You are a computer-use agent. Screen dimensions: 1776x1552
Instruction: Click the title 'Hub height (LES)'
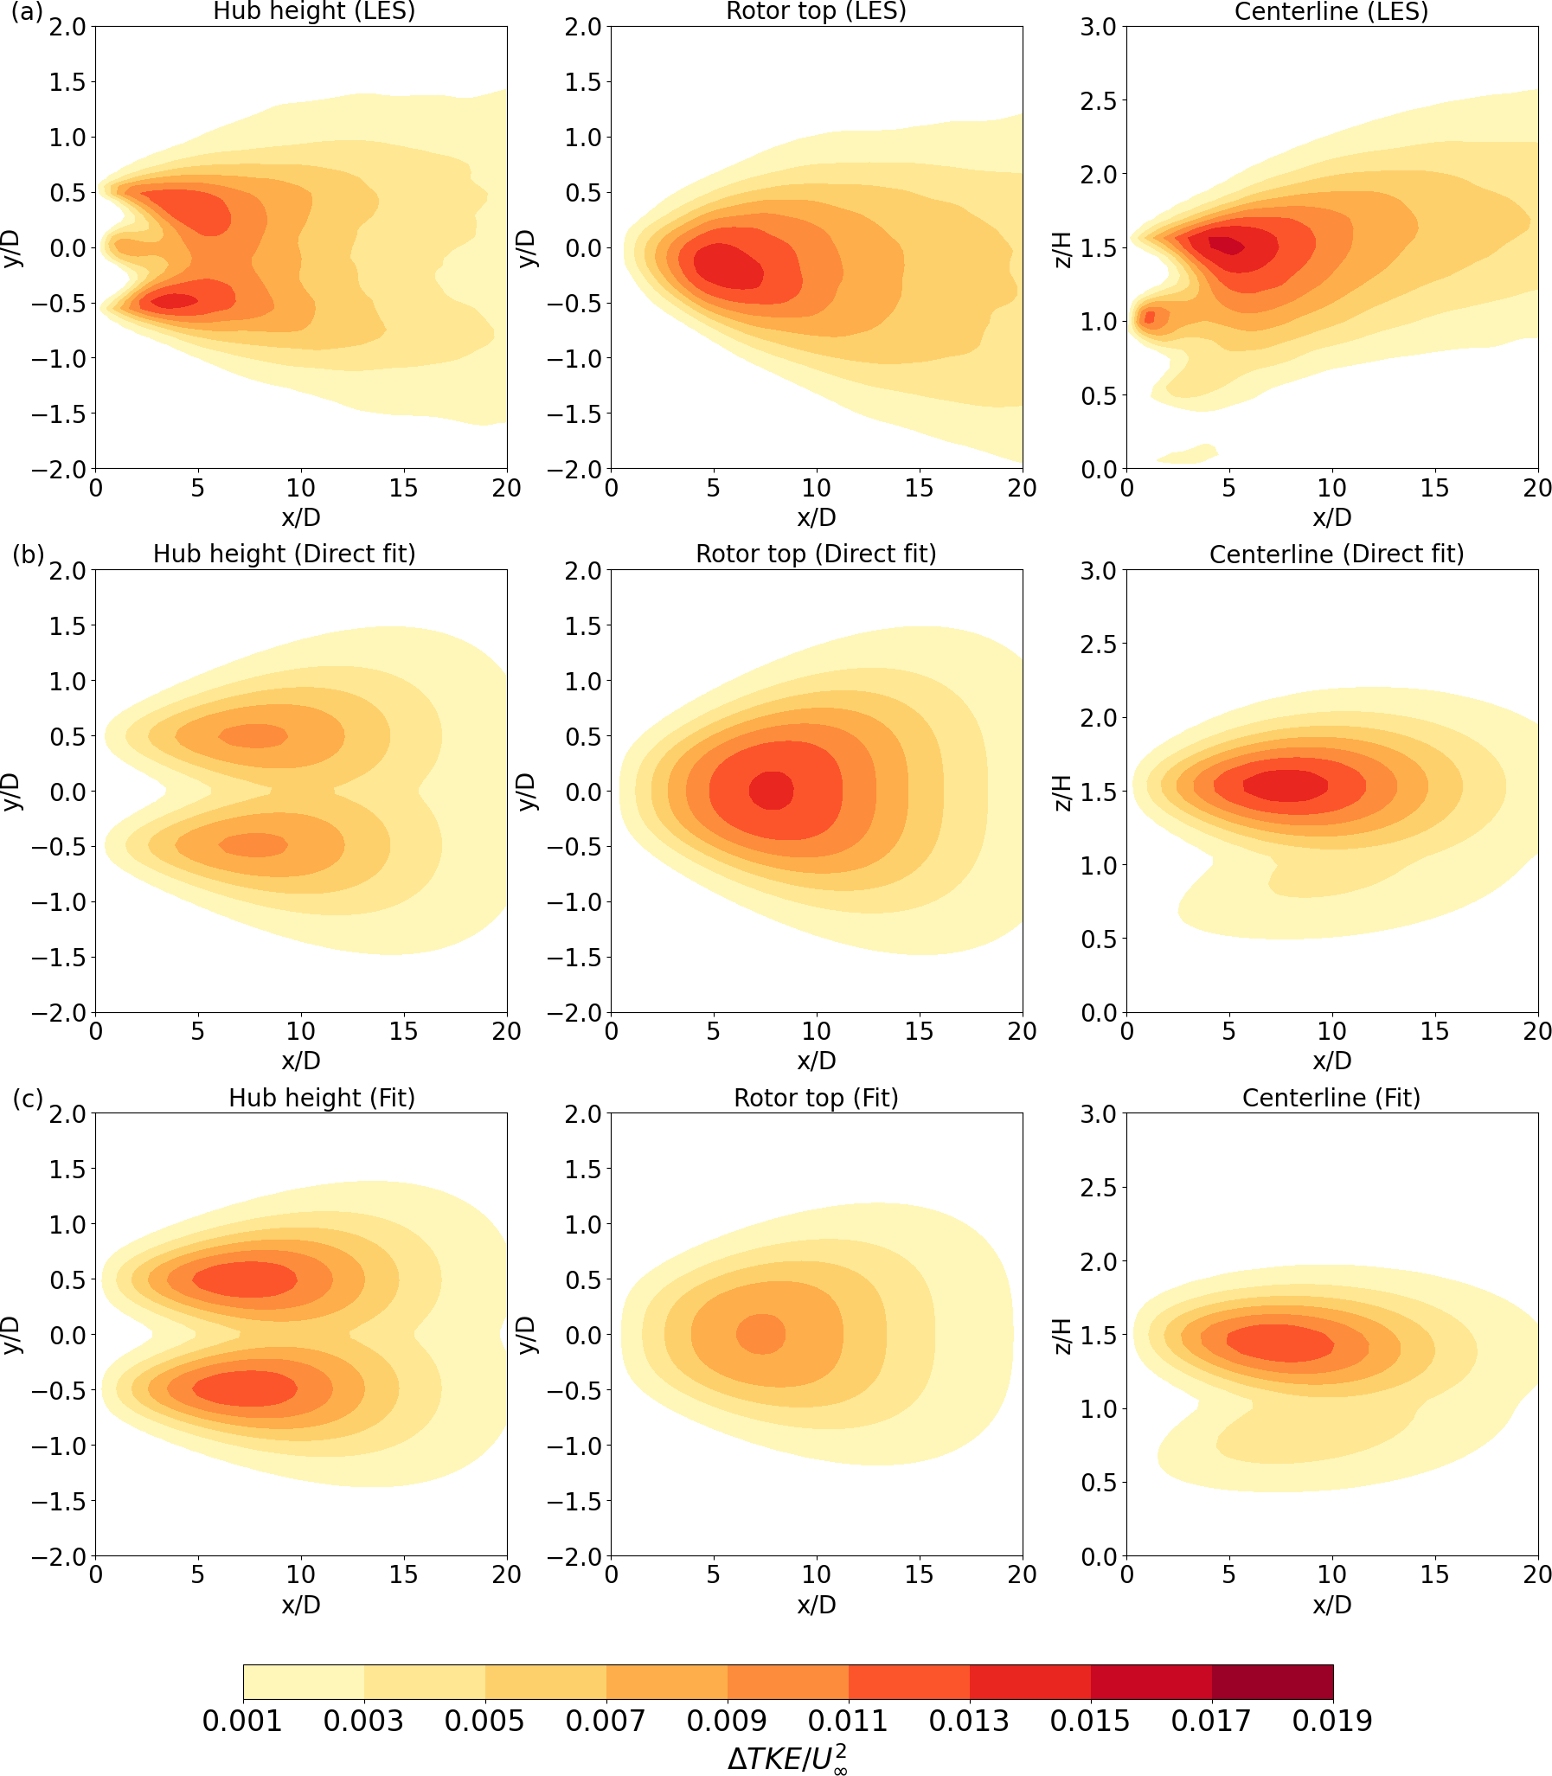[313, 11]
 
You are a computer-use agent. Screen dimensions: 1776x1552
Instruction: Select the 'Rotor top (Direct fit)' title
[816, 554]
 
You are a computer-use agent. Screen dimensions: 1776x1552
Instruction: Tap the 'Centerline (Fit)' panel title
[1331, 1097]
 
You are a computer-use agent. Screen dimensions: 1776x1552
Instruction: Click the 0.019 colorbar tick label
[1332, 1721]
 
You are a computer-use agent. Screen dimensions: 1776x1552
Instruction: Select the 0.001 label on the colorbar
[242, 1721]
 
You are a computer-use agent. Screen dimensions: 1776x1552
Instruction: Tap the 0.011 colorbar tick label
[848, 1721]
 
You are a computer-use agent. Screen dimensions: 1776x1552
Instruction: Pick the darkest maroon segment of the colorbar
[1272, 1682]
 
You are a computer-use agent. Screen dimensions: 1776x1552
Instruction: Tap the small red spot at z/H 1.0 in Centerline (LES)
[1149, 317]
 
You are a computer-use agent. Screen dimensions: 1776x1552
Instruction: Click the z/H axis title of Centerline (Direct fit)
[1063, 792]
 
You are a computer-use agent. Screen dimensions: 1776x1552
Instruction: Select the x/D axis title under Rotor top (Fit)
[816, 1605]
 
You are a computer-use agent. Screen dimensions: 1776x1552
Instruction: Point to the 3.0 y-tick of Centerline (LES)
[1098, 27]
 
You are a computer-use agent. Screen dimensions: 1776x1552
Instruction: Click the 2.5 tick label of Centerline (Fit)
[1098, 1187]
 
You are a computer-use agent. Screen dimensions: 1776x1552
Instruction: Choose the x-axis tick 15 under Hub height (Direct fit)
[404, 1031]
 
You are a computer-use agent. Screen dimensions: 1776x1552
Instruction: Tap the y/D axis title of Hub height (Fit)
[11, 1335]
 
